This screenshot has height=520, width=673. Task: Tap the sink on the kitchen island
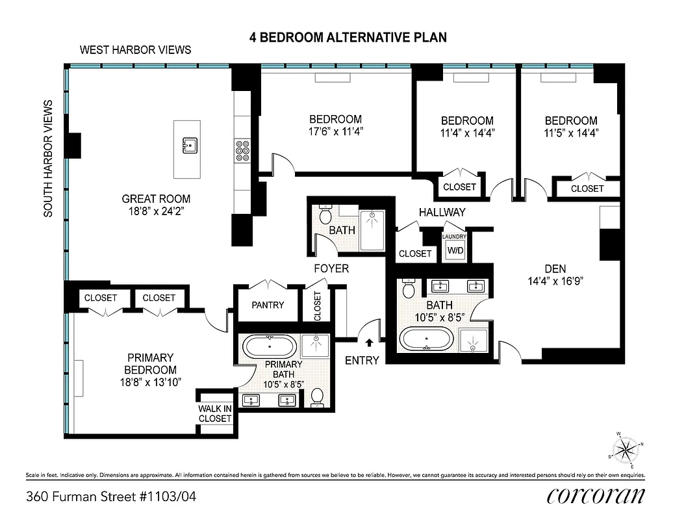click(x=190, y=145)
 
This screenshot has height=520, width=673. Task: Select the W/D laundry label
click(x=454, y=251)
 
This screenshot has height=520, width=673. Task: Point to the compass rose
click(x=626, y=449)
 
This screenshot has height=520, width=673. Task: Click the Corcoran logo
click(x=596, y=496)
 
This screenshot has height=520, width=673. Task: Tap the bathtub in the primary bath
click(x=270, y=345)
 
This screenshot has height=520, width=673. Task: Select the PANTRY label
click(x=267, y=305)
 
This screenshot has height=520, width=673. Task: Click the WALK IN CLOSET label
click(x=215, y=413)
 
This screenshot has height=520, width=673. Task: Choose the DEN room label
click(x=555, y=268)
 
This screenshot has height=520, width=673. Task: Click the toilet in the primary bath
click(x=317, y=396)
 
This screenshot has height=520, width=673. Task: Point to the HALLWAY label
click(x=442, y=212)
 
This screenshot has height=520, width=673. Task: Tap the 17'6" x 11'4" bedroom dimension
click(x=335, y=131)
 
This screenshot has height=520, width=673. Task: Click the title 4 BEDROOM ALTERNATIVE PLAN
click(x=348, y=37)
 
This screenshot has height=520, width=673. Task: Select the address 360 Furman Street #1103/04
click(x=111, y=497)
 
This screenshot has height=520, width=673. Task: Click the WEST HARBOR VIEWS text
click(x=135, y=50)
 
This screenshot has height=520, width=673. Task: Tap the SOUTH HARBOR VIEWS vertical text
click(x=48, y=158)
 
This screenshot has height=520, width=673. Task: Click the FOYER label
click(x=331, y=268)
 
